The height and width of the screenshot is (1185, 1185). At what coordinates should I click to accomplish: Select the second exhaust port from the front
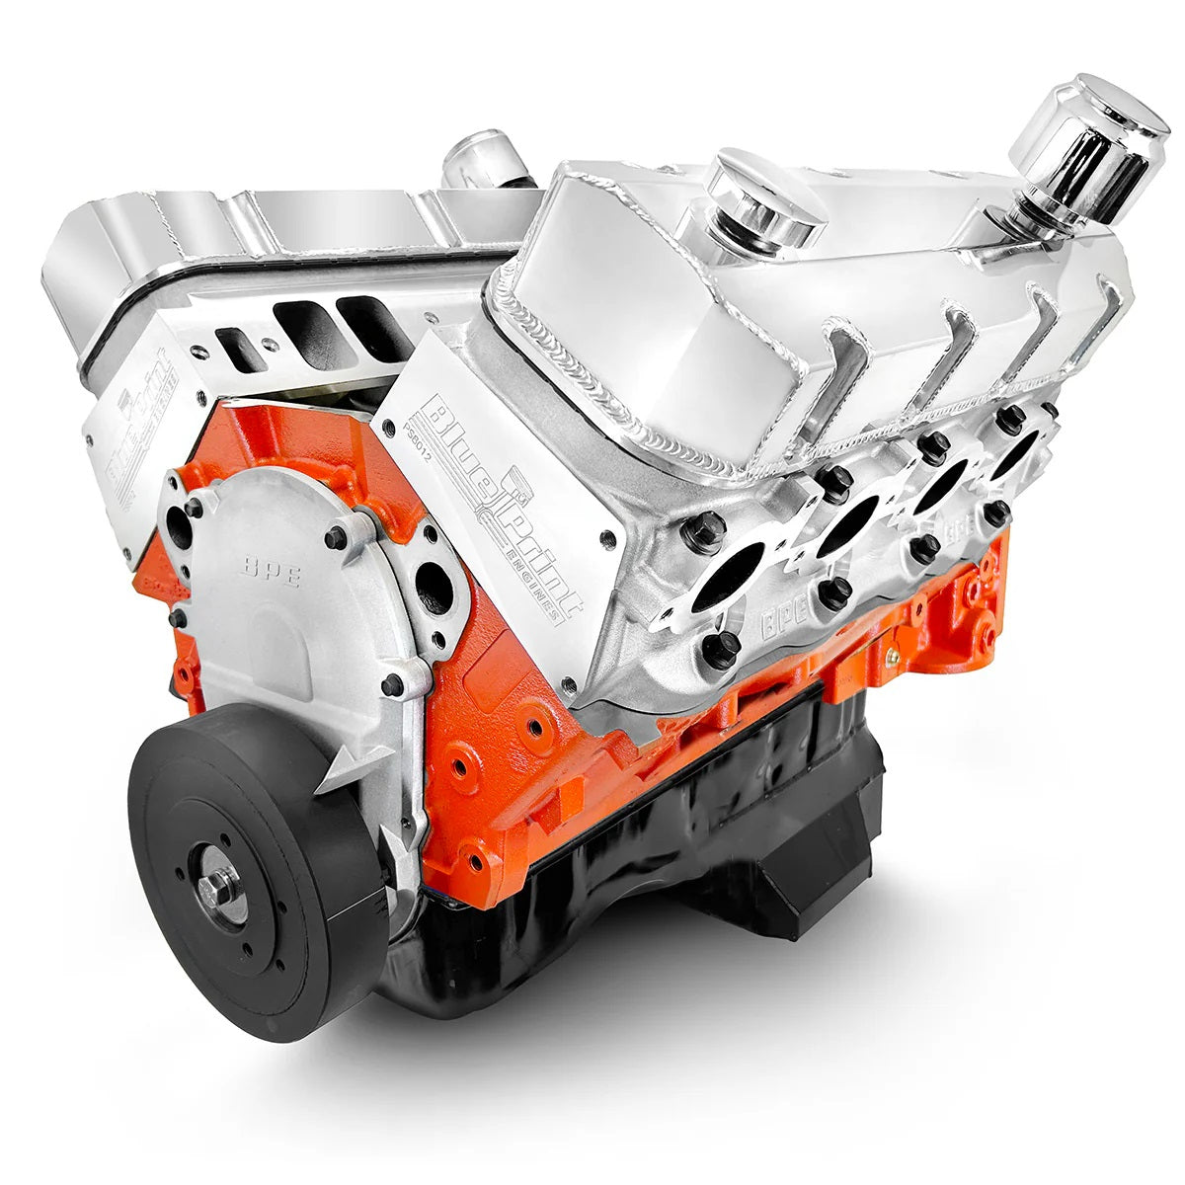[x=848, y=522]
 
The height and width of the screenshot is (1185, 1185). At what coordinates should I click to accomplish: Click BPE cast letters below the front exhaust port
[x=783, y=622]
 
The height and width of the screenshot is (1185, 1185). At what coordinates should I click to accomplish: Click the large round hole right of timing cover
[x=434, y=587]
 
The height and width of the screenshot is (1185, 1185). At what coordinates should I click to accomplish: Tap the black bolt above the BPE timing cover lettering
[x=337, y=536]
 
